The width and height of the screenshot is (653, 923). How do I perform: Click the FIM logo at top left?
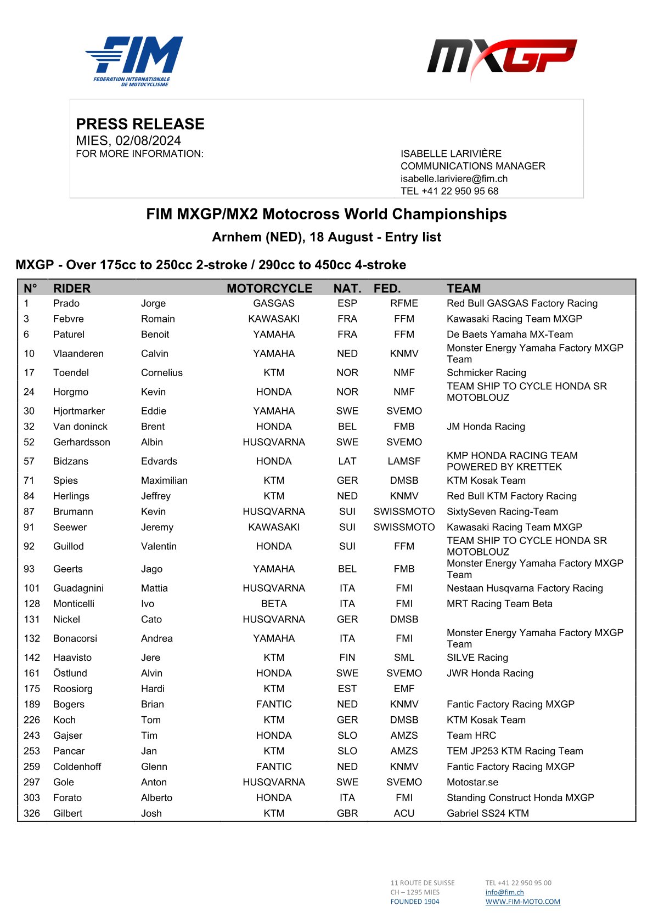coord(134,61)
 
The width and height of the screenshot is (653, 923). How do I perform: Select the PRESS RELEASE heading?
coord(140,124)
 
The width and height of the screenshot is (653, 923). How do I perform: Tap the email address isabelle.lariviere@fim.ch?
coord(454,179)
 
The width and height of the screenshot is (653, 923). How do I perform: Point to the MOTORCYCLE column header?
coord(269,288)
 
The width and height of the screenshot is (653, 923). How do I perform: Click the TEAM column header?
coord(464,288)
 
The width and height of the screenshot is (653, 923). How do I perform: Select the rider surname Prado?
coord(66,303)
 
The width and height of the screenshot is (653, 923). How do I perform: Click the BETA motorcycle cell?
coord(274,604)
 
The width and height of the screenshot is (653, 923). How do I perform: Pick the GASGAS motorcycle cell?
coord(274,303)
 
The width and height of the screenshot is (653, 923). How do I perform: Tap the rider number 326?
coord(32,813)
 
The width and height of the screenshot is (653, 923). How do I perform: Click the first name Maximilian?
coord(164,480)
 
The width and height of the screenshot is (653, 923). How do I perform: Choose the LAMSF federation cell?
coord(404,461)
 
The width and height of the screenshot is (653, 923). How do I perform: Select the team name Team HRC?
coord(471,735)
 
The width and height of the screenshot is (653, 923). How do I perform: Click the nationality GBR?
coord(347,813)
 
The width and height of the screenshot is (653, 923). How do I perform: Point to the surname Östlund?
coord(70,673)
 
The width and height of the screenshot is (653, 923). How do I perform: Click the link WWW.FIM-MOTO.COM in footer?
coord(522,902)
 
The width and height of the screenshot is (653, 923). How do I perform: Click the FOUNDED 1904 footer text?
coord(415,902)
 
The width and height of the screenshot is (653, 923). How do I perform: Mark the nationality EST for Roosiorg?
coord(347,689)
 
